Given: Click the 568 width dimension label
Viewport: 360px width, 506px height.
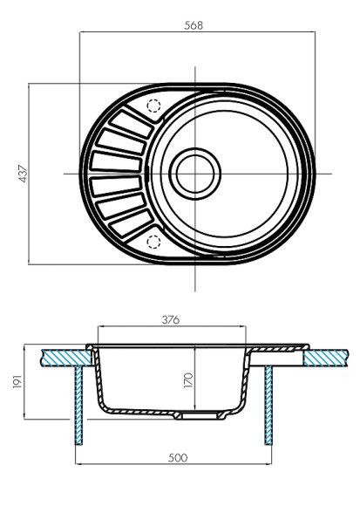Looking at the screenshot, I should click(194, 25).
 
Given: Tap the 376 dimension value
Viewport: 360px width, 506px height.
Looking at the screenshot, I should click(171, 320).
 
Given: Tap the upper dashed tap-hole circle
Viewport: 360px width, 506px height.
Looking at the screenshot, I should click(154, 106).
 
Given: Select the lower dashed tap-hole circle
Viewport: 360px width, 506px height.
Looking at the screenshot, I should click(154, 241).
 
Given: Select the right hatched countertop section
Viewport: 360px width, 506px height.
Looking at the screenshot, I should click(318, 355).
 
